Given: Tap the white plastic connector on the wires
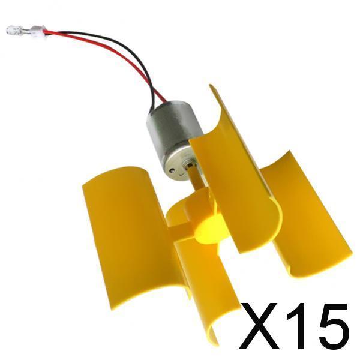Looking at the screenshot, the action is [37, 31].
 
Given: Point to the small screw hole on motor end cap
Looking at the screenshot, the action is [172, 170].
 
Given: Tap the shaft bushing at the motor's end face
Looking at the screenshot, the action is [190, 166].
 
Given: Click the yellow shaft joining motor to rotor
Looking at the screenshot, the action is [197, 179].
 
